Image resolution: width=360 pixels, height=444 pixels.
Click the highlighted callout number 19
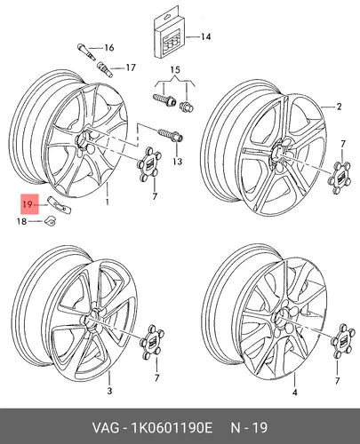click(27, 204)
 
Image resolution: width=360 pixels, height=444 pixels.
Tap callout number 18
click(21, 221)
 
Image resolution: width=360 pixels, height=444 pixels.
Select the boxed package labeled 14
click(169, 35)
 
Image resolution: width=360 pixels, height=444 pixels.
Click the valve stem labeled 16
click(86, 52)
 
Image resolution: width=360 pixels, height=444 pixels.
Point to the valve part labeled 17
click(105, 68)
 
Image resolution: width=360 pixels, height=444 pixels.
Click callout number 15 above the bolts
click(175, 70)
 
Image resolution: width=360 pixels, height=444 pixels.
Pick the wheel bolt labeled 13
click(172, 135)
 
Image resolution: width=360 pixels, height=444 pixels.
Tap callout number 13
click(178, 162)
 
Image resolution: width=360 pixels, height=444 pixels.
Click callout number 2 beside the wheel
click(339, 107)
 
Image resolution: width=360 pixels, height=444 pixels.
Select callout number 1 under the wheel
click(107, 202)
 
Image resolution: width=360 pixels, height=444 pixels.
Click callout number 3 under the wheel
click(109, 391)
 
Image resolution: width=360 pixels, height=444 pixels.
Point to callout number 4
click(294, 392)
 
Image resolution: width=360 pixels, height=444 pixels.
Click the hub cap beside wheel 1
click(150, 166)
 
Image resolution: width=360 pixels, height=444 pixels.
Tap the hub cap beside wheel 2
click(340, 178)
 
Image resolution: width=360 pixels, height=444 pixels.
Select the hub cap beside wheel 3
click(152, 342)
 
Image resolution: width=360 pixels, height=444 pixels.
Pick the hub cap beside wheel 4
click(342, 341)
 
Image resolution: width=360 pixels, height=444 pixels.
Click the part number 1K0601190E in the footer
click(172, 428)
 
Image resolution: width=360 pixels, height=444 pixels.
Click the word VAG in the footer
click(106, 428)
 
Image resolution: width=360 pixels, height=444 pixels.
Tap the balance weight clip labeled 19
click(60, 205)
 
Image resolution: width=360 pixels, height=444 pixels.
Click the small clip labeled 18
click(51, 220)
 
